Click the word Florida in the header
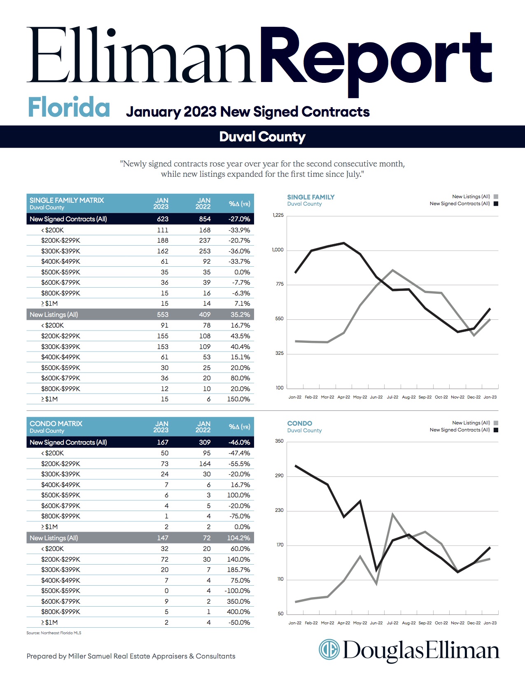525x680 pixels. (69, 107)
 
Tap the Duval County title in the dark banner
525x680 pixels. (262, 137)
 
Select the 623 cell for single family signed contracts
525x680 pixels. (163, 219)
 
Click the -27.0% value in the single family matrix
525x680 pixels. (239, 219)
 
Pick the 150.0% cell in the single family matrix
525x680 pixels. (238, 399)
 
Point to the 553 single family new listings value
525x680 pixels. (163, 314)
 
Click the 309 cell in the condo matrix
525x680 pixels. (205, 442)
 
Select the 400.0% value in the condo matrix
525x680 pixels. (238, 612)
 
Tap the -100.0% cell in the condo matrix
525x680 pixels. (237, 591)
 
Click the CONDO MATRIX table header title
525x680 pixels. (56, 423)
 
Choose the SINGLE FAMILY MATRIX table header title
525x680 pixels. (67, 200)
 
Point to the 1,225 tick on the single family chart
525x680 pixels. (278, 215)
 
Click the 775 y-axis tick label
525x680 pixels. (280, 284)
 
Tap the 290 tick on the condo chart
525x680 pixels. (279, 475)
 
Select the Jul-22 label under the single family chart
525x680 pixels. (392, 397)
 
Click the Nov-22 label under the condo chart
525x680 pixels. (457, 623)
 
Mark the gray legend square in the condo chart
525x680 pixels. (496, 423)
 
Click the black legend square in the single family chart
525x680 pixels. (496, 204)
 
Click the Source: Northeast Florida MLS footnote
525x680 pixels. (54, 633)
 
